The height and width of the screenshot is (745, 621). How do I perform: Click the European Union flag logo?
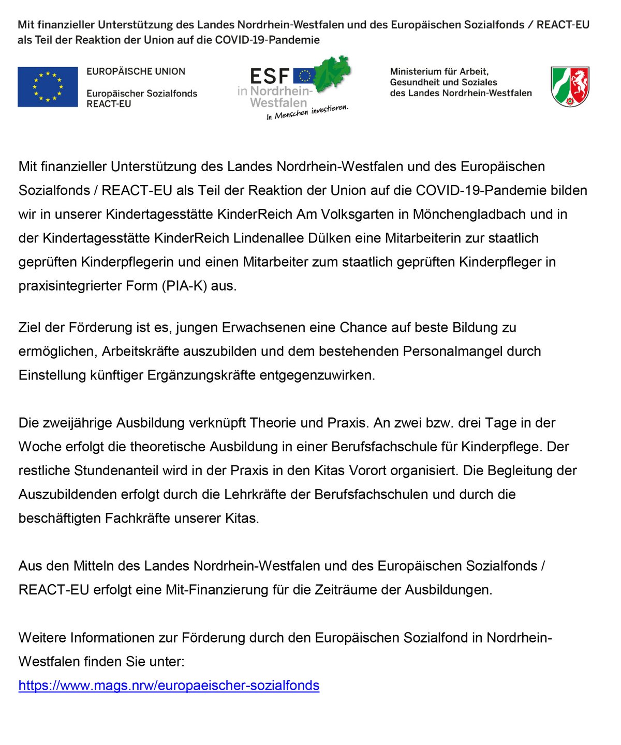pos(48,87)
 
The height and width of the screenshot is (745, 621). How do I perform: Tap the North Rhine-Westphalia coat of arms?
pos(570,86)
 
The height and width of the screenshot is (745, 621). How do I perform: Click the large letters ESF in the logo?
pos(269,77)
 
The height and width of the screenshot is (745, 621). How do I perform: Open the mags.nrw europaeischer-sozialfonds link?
pos(169,686)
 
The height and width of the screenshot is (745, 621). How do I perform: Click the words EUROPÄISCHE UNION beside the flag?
pos(136,71)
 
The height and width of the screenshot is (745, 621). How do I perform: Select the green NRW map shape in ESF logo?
pos(332,75)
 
